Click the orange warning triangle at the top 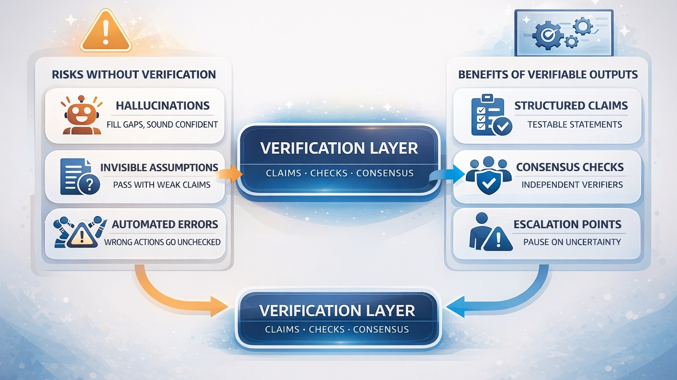[x=106, y=31]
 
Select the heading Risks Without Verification [x=134, y=74]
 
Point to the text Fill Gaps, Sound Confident [x=162, y=125]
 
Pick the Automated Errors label [x=165, y=224]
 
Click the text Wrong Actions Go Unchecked [x=162, y=242]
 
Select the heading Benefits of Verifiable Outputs [x=548, y=74]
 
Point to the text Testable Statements [x=574, y=125]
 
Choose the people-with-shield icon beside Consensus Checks [x=488, y=175]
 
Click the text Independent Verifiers [x=572, y=184]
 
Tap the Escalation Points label [x=567, y=224]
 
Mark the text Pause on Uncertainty [x=572, y=242]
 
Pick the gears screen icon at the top [x=564, y=33]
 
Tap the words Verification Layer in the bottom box [x=337, y=310]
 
